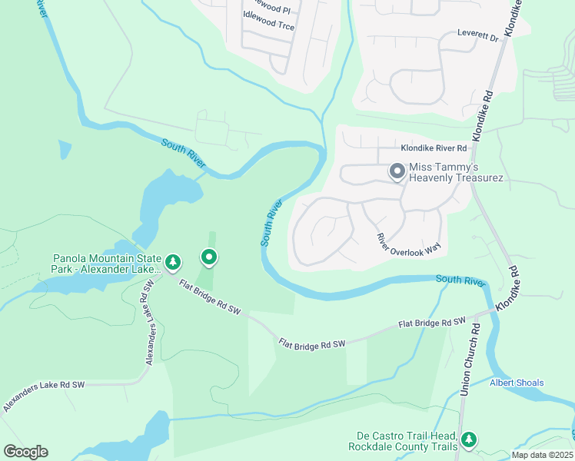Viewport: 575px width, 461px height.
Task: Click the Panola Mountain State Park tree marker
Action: point(173,264)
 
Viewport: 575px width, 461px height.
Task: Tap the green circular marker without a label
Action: point(208,257)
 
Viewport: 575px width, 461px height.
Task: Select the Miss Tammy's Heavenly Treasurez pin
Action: point(397,171)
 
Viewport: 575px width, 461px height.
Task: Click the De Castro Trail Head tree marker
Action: point(468,440)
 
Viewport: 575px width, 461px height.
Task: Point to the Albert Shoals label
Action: point(517,383)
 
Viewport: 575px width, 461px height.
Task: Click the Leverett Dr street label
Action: point(477,35)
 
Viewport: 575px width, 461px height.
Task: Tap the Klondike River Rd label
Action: point(434,148)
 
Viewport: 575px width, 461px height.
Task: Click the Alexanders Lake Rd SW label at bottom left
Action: point(43,395)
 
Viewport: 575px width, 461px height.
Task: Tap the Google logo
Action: point(25,452)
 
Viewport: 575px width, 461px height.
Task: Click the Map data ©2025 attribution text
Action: point(543,455)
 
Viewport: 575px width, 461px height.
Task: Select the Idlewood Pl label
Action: point(265,11)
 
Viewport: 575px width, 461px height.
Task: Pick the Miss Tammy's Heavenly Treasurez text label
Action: point(456,173)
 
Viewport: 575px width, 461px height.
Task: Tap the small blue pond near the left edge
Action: point(65,148)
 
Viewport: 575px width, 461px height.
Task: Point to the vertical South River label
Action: point(271,223)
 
